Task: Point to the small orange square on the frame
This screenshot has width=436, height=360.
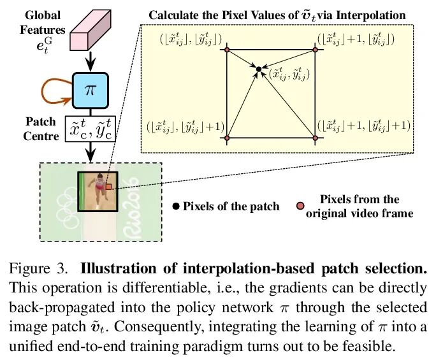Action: [x=108, y=187]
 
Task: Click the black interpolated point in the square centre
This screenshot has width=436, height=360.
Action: [x=259, y=67]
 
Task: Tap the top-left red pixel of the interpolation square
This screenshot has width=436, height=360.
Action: [x=226, y=49]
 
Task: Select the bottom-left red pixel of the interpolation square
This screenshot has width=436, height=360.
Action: [x=226, y=137]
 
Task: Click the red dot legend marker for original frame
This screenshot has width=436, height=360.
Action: [x=300, y=206]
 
